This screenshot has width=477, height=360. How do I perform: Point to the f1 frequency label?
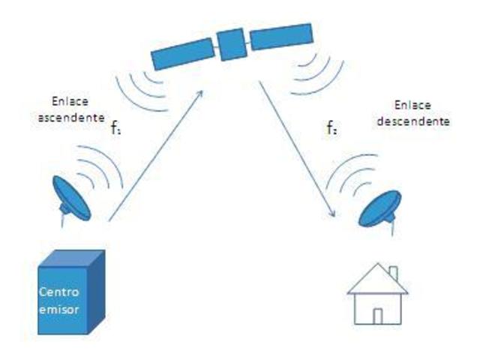point(115,127)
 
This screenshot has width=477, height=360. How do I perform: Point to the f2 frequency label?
point(331,128)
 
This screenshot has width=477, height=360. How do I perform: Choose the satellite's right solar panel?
point(281,36)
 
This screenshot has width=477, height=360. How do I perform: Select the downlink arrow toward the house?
point(297,151)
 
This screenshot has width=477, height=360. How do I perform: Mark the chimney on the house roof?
point(394,273)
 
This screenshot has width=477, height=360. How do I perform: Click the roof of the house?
point(376,281)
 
